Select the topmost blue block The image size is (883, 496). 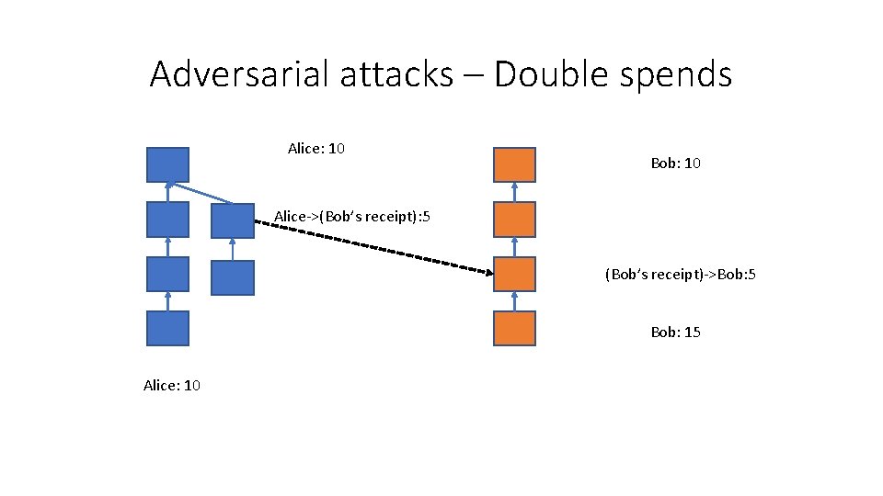pos(167,164)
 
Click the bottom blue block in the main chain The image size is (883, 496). pos(167,328)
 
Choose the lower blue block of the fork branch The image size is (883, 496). pos(232,277)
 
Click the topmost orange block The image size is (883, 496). pos(514,164)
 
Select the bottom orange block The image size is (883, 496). pos(514,328)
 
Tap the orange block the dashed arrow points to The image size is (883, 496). pos(514,274)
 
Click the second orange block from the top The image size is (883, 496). pos(514,220)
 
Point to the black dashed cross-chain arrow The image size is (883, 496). pos(377,246)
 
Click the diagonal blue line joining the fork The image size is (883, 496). pos(202,193)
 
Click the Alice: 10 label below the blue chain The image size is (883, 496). pos(172,386)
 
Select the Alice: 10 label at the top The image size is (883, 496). pos(315,148)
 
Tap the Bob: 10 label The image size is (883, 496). pos(675,163)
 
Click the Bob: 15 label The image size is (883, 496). pos(675,332)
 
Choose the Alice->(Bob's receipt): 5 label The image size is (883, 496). pos(353,217)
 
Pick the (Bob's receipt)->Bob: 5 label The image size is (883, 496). pos(680,275)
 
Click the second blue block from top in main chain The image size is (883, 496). pos(167,220)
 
